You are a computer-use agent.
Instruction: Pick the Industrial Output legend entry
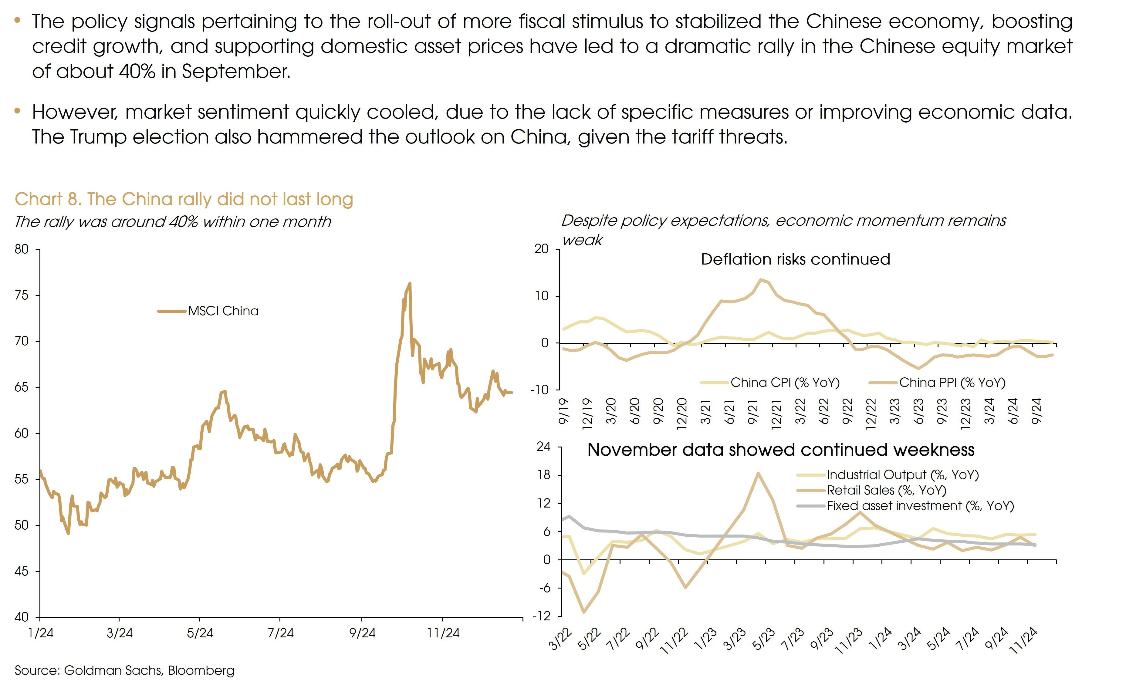pos(903,475)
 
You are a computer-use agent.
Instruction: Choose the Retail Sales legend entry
pos(886,490)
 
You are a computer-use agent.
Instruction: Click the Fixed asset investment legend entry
pos(920,506)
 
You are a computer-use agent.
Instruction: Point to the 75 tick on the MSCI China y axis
pos(22,295)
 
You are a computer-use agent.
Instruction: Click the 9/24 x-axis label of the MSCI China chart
pos(362,633)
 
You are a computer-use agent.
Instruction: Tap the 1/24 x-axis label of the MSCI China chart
pos(40,633)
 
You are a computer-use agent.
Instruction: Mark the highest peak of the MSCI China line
pos(409,283)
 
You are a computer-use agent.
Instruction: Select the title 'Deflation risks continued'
pos(795,259)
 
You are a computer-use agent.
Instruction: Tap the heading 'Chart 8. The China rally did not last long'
pos(184,199)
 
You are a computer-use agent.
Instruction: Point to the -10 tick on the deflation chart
pos(539,390)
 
